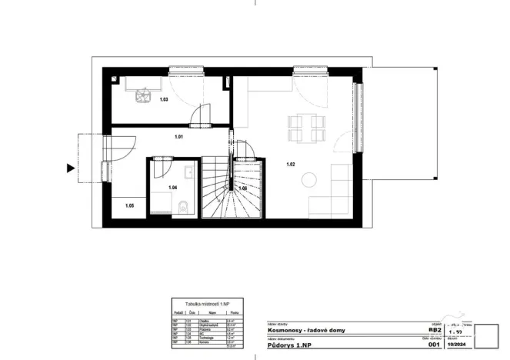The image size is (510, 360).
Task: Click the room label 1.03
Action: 164,100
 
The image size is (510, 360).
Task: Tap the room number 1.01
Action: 178,137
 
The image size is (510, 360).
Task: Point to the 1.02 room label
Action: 292,164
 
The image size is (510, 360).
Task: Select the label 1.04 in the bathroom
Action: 174,188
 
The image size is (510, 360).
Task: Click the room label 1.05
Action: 129,205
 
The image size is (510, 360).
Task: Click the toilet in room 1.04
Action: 182,205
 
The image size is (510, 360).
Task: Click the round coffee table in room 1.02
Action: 309,180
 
